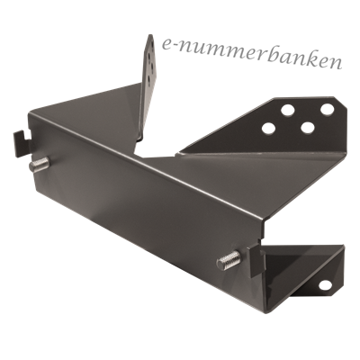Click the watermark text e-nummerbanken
pos(252,55)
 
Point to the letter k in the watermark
pos(312,58)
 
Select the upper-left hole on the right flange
pos(287,110)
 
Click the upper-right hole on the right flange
pos(327,109)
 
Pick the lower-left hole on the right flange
pos(268,129)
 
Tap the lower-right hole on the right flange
pos(308,128)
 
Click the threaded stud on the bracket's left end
pos(39,165)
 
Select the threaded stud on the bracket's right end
pos(229,260)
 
